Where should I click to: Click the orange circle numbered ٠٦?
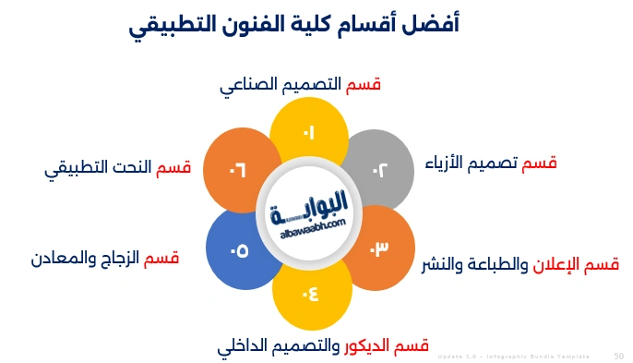[237, 168]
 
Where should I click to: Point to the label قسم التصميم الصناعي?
[301, 85]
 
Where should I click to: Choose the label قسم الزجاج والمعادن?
[104, 258]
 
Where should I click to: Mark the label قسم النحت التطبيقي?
[117, 170]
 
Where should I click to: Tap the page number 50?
[618, 356]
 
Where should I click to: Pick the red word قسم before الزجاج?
[161, 258]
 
